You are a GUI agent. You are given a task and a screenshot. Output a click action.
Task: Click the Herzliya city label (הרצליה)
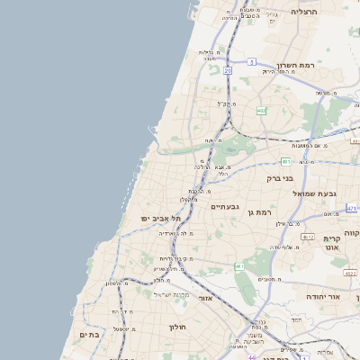(x=305, y=12)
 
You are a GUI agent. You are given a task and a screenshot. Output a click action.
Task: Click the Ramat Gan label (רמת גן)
(x=258, y=211)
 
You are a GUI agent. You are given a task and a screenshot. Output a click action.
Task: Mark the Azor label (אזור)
(x=208, y=296)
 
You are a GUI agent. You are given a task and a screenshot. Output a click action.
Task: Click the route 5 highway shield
(x=253, y=61)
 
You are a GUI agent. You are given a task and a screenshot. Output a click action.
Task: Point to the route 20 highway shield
(x=228, y=69)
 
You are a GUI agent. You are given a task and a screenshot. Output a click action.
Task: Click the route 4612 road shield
(x=308, y=237)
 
